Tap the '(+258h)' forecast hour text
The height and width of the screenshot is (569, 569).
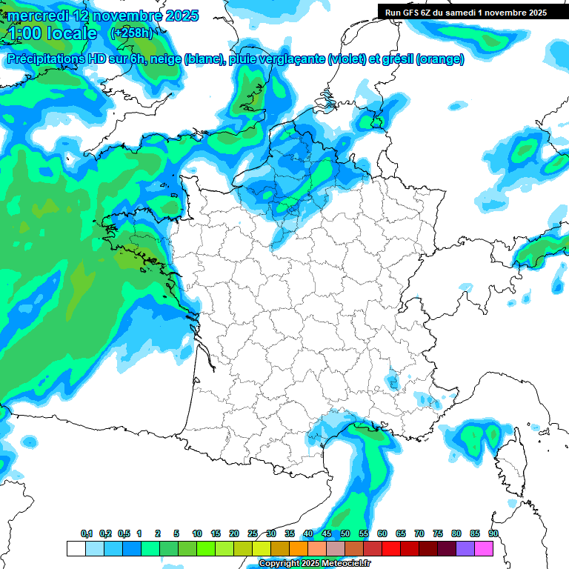click(132, 33)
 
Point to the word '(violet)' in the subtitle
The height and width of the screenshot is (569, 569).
click(347, 59)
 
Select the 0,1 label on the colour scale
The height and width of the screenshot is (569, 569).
click(86, 533)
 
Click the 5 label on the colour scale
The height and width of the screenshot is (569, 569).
click(176, 533)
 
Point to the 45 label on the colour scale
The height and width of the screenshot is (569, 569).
click(327, 533)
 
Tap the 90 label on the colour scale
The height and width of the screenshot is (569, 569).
click(493, 533)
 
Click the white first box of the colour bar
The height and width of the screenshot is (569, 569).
click(76, 548)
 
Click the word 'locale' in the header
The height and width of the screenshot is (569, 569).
click(72, 33)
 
